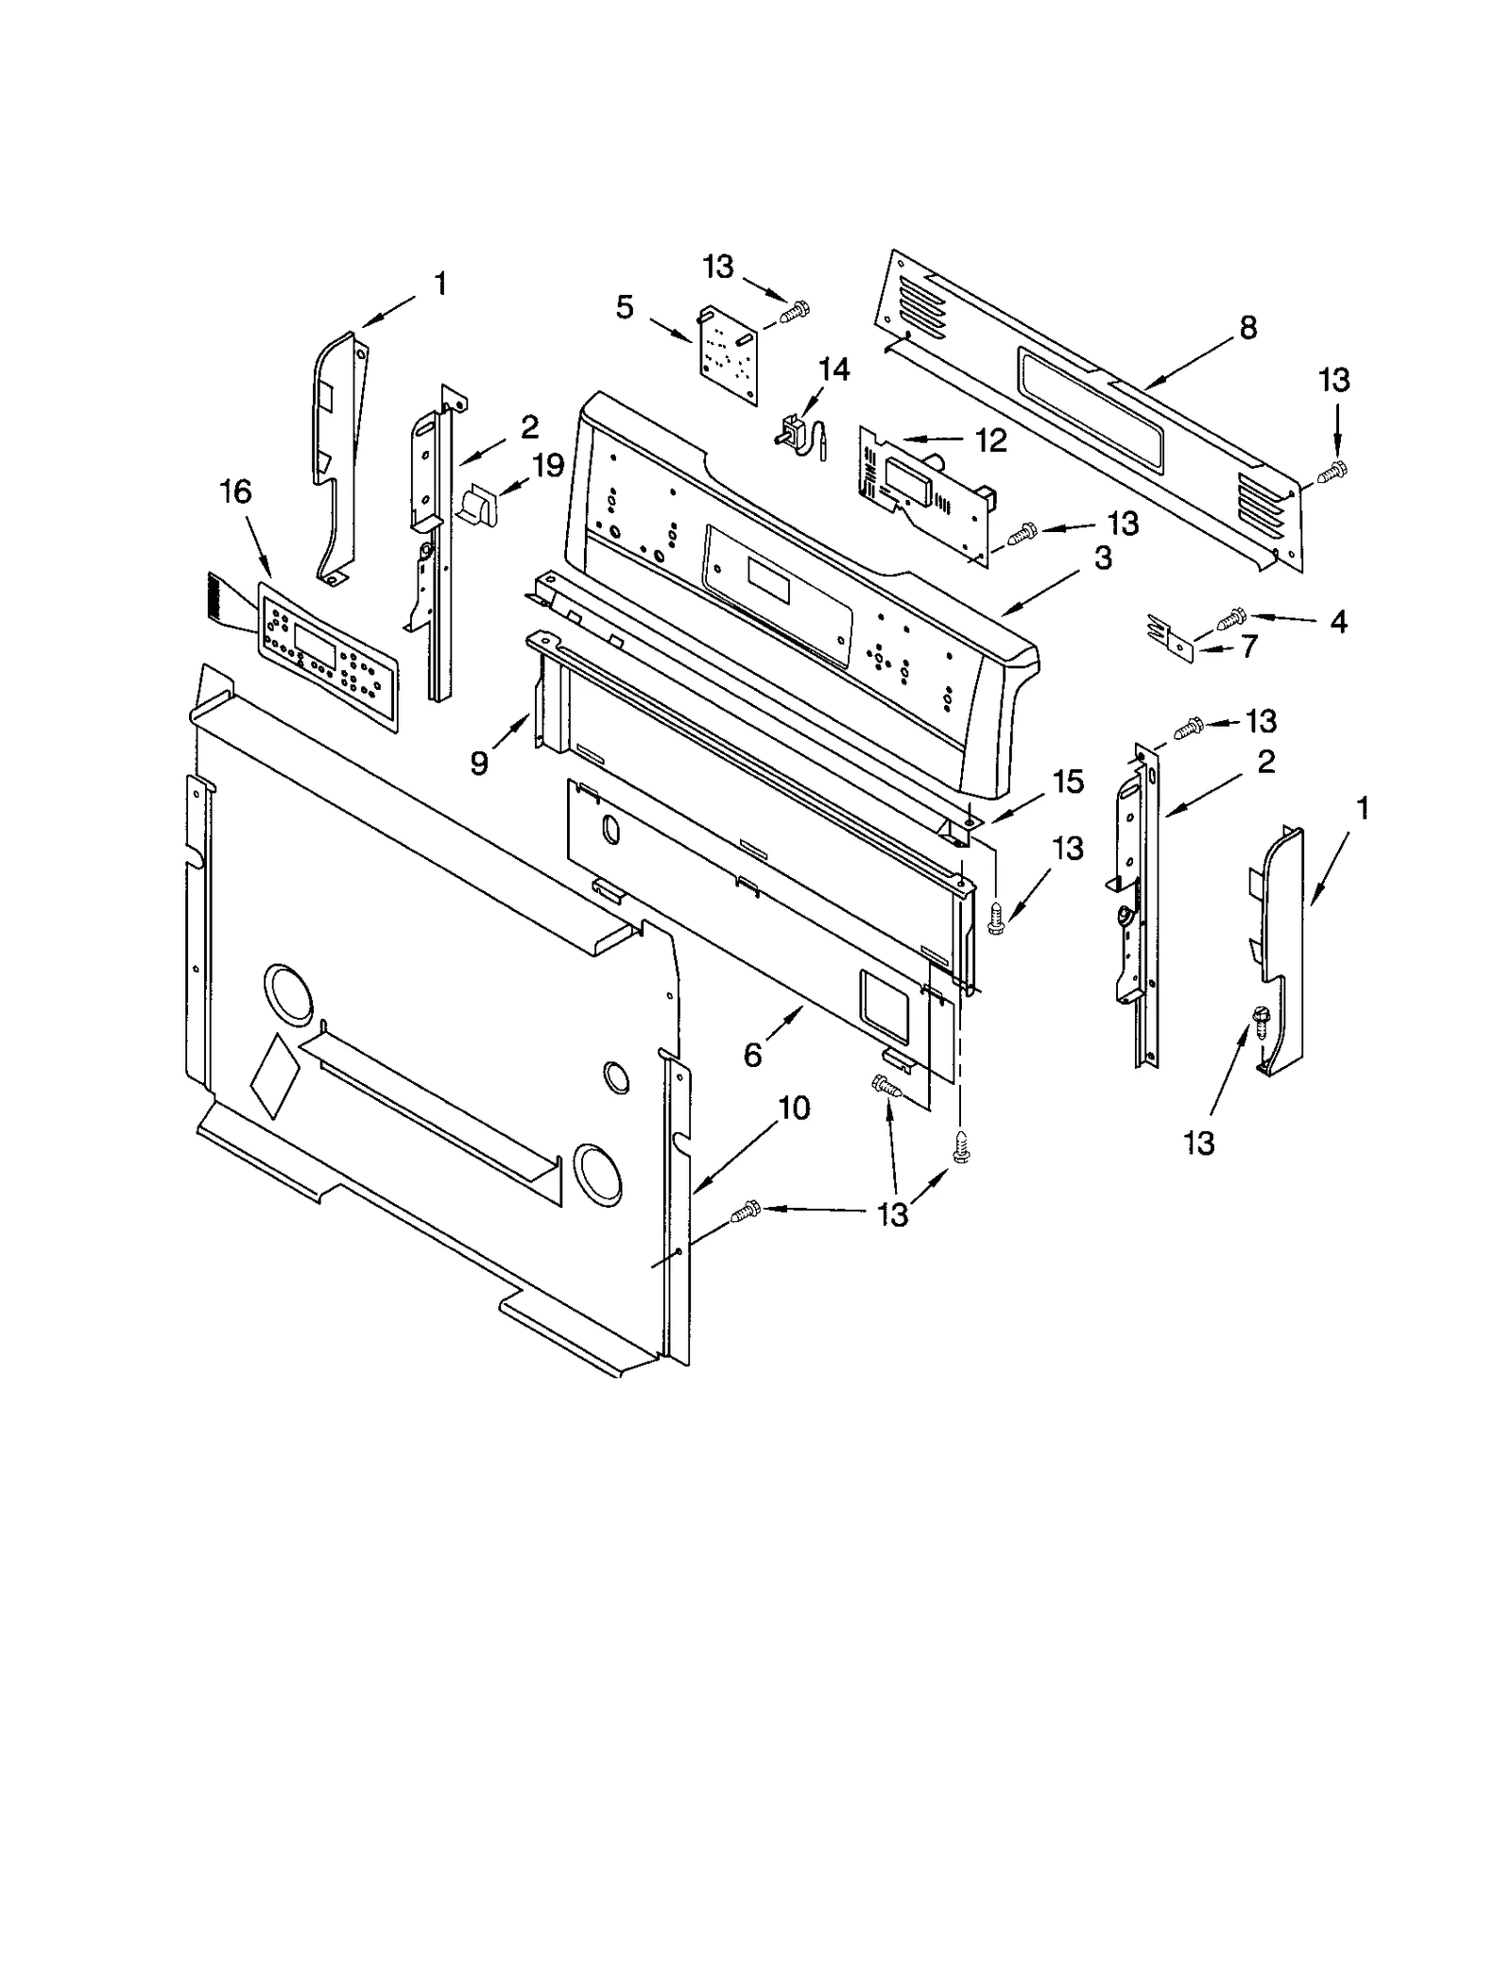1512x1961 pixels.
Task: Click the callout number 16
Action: (x=235, y=491)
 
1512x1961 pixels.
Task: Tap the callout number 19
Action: (x=547, y=465)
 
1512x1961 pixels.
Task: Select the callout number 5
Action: (x=624, y=307)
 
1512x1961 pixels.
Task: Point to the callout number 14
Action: (x=833, y=369)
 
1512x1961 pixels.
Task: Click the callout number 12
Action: (x=990, y=440)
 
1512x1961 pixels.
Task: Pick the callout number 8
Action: (x=1247, y=328)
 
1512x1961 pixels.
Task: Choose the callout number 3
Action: (x=1103, y=558)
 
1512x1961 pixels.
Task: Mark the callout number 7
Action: (x=1249, y=647)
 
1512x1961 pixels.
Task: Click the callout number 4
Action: (x=1338, y=621)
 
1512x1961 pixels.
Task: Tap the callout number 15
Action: (x=1068, y=781)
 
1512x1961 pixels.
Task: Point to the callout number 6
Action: (x=752, y=1055)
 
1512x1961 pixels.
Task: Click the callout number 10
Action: (x=794, y=1108)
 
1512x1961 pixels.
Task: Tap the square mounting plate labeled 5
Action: (x=730, y=354)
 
